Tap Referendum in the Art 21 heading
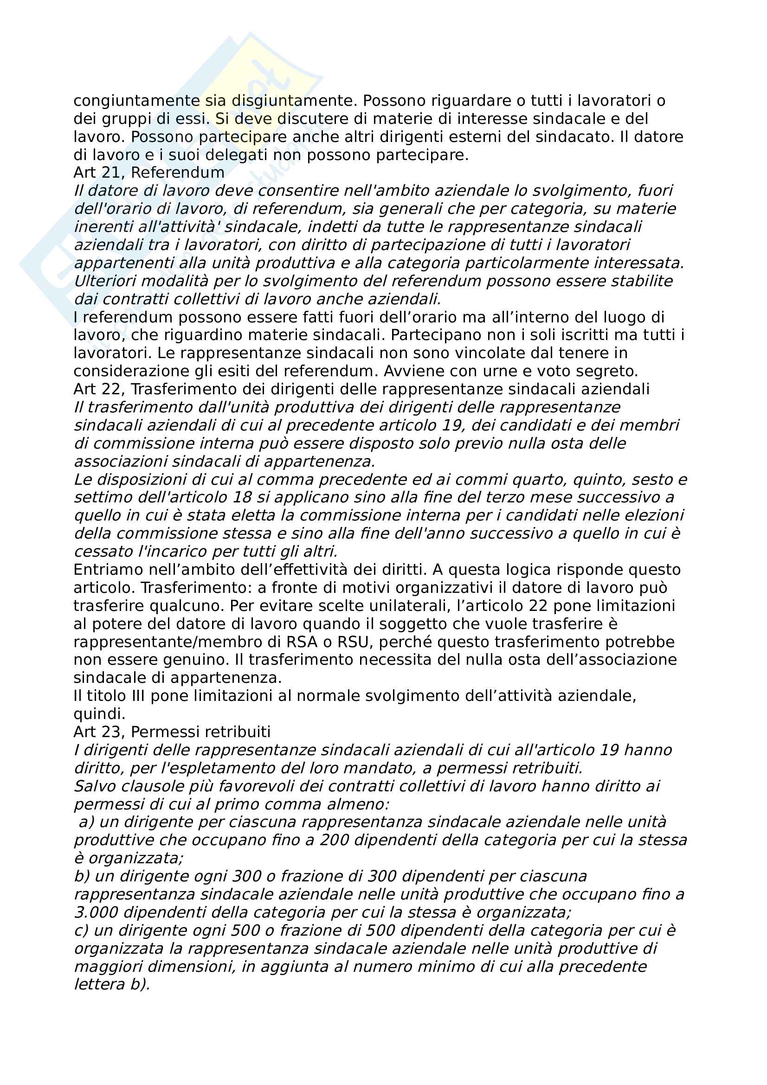pos(178,173)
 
